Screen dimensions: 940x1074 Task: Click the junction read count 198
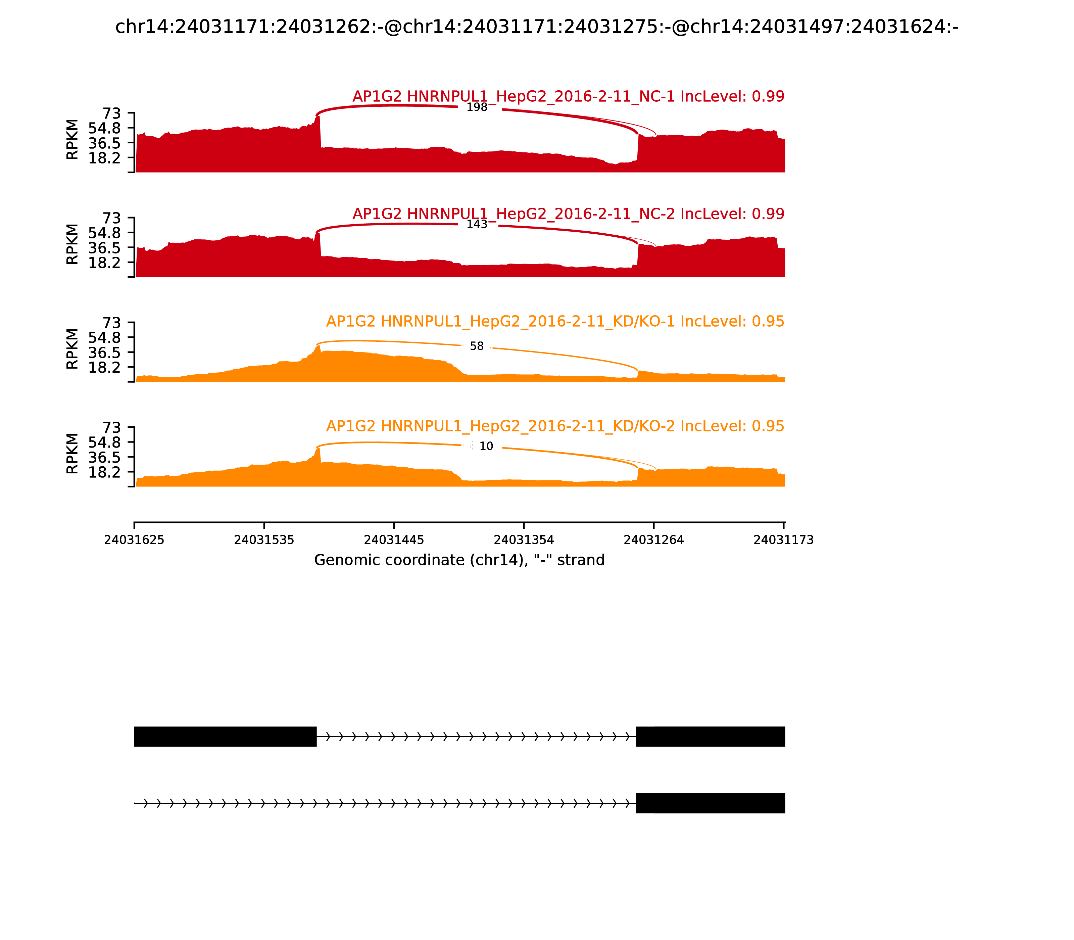[477, 107]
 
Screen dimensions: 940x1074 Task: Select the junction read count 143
[477, 225]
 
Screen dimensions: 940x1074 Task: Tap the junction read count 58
[477, 346]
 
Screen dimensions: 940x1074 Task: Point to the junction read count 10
[486, 446]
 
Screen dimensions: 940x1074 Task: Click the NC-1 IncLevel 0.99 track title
[568, 97]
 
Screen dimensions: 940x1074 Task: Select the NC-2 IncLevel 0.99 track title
[568, 214]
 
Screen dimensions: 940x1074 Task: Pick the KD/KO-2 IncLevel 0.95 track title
[555, 426]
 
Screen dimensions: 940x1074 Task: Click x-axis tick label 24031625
[134, 540]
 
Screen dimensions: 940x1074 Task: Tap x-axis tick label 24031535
[264, 540]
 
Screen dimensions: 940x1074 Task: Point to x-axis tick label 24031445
[394, 540]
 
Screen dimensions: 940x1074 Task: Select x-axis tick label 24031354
[523, 540]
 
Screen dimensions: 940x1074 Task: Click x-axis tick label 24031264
[653, 540]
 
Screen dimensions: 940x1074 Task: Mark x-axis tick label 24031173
[783, 540]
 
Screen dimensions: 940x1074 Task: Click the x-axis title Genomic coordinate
[459, 560]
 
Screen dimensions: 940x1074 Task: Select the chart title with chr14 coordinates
[536, 27]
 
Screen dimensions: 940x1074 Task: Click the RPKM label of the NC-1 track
[72, 140]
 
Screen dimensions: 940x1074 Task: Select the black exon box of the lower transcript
[710, 803]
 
